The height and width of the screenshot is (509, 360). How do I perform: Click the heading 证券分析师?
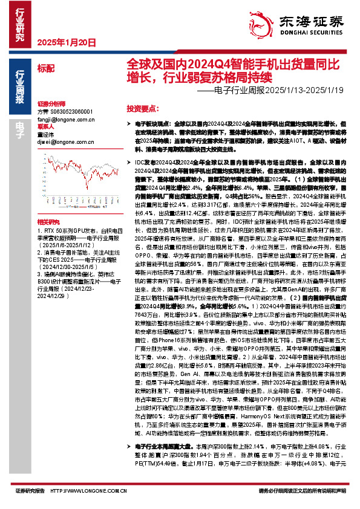[x=50, y=103]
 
